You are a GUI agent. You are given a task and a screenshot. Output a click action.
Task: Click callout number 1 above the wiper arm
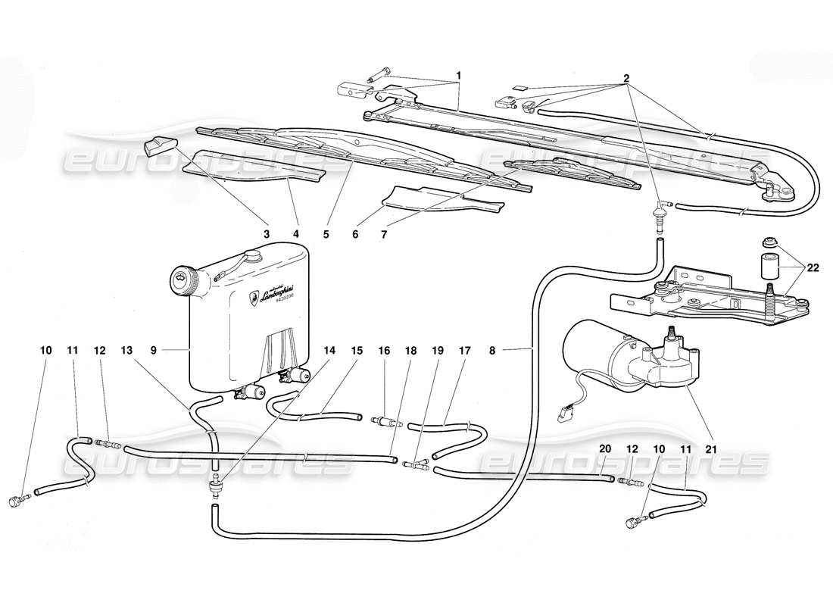point(458,77)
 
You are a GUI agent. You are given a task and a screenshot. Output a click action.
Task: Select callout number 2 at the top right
point(626,78)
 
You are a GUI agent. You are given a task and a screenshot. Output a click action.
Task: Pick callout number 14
point(329,351)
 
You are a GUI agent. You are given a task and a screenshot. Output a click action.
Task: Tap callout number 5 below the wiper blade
point(326,235)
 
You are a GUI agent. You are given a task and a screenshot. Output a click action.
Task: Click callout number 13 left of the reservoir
point(126,351)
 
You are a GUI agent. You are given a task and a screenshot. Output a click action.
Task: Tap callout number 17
point(464,351)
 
